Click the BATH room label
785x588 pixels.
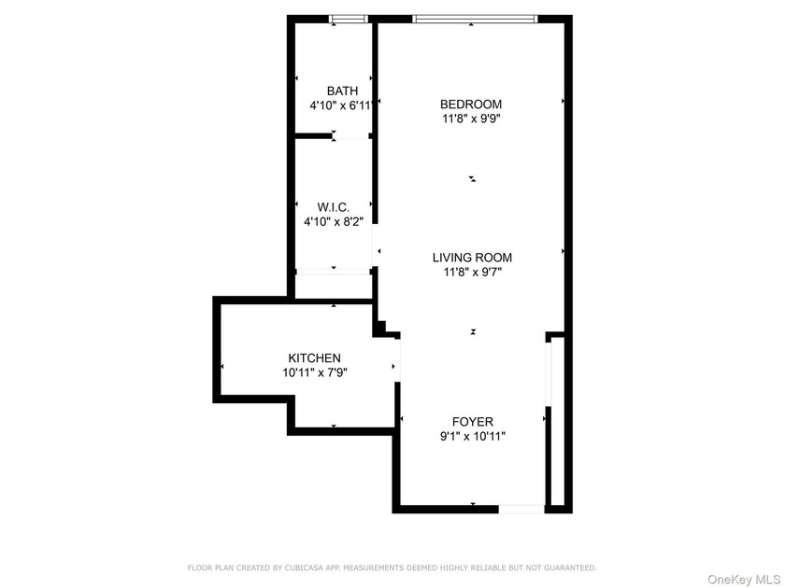(342, 91)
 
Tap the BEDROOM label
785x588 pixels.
(471, 104)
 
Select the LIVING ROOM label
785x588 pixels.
(472, 258)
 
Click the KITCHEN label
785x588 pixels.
(314, 358)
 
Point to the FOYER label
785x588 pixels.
(473, 422)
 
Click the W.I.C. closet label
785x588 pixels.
(334, 207)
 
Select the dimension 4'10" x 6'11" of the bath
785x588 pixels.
(342, 105)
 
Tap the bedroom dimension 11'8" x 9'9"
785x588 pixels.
(471, 119)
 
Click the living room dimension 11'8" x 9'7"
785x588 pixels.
(472, 272)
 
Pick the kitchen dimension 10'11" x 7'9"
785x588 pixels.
(314, 372)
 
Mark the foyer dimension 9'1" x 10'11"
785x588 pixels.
(473, 436)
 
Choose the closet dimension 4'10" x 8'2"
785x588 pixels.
(334, 221)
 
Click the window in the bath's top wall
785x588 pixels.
(349, 19)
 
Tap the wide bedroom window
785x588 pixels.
(475, 19)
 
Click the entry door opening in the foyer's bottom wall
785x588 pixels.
(521, 509)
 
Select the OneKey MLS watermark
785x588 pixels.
(745, 580)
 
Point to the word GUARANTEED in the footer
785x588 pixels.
(570, 568)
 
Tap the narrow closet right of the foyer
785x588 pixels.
(558, 422)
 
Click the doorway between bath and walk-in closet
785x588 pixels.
(351, 135)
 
